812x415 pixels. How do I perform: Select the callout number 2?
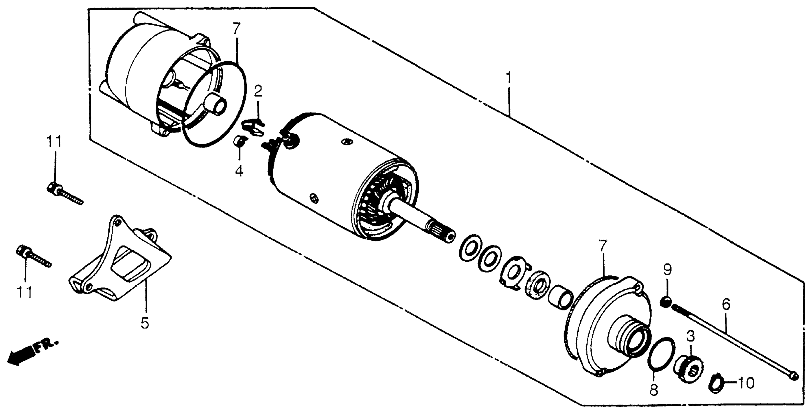pos(258,92)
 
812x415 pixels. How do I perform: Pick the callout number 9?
pos(667,270)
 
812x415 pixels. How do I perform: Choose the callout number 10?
pos(746,384)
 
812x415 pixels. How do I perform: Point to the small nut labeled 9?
pos(665,302)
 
